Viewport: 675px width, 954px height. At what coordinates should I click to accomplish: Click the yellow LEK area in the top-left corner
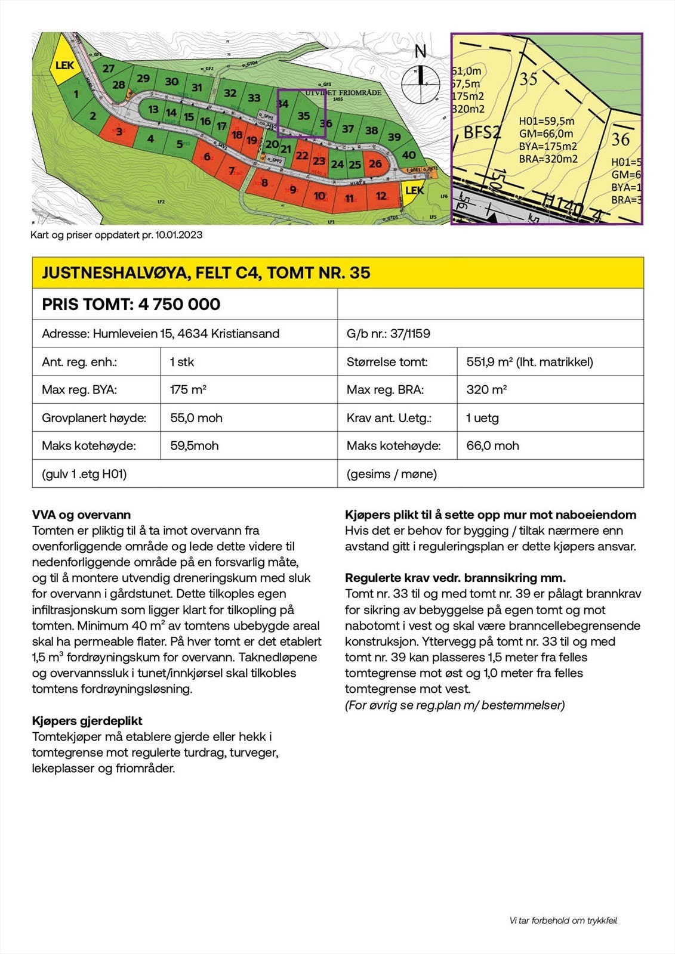point(64,64)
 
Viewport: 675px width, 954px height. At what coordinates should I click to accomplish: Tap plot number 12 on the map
point(381,196)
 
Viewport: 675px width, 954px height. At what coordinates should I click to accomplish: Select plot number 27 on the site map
point(108,69)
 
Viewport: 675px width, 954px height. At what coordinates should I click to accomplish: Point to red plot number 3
point(119,131)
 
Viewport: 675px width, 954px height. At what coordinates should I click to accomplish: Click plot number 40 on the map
point(409,155)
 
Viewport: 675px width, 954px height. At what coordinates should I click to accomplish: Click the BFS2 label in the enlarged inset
point(482,132)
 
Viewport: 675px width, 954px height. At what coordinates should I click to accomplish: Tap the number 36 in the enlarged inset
point(621,139)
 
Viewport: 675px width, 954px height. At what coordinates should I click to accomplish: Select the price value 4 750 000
point(179,305)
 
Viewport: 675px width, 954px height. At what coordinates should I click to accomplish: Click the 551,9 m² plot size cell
point(529,362)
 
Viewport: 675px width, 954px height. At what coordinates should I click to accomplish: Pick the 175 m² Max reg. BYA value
point(188,390)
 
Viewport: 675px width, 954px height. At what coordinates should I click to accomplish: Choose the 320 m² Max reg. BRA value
point(486,390)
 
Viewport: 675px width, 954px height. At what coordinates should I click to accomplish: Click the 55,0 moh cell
point(196,418)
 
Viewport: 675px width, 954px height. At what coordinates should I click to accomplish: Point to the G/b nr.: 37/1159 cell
point(389,334)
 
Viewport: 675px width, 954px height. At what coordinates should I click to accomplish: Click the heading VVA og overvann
point(81,515)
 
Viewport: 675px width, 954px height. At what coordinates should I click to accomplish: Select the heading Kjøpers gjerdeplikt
point(87,721)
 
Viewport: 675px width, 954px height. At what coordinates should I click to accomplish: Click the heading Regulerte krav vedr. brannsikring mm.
point(455,578)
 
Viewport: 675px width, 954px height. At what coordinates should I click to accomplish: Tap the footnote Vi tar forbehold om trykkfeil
point(563,921)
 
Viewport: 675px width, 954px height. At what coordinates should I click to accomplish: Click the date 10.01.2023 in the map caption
point(179,235)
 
